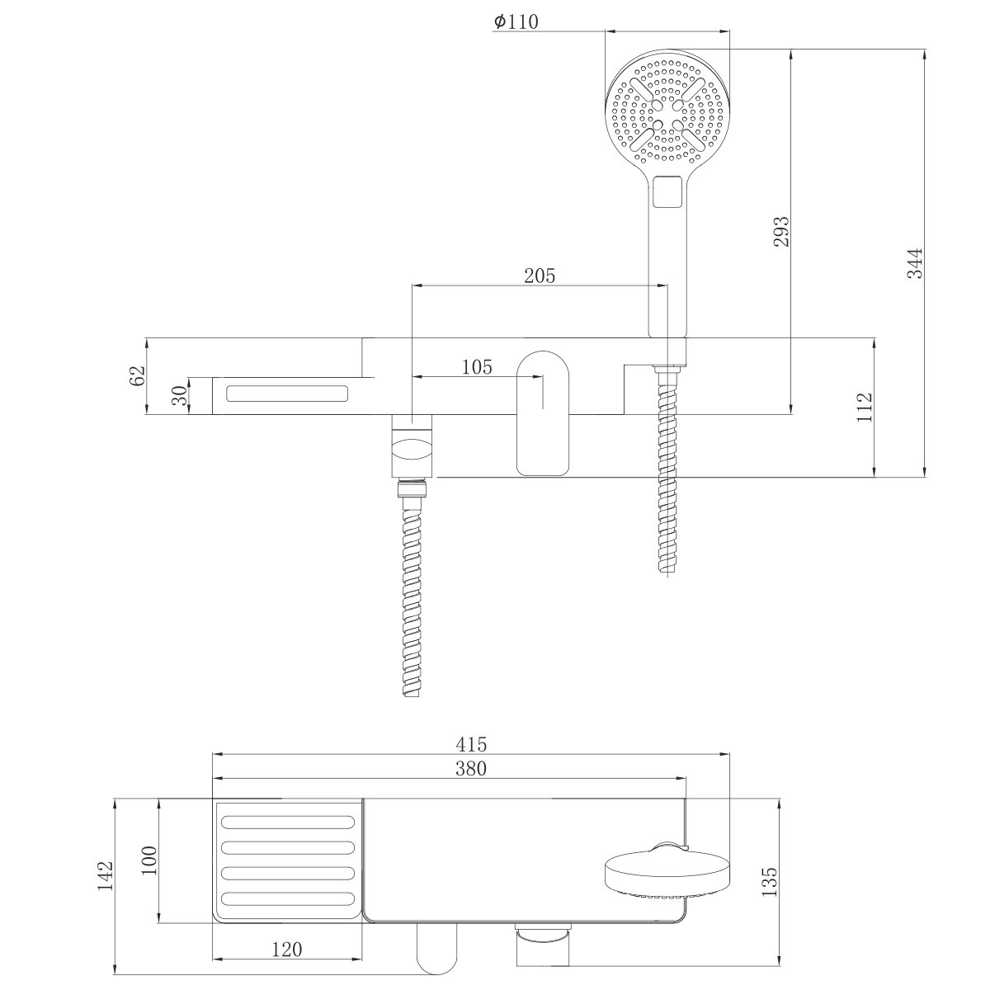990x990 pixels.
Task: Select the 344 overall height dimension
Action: [x=915, y=263]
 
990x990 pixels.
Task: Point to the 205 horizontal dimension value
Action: [x=540, y=276]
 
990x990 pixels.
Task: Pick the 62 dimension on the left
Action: [x=137, y=375]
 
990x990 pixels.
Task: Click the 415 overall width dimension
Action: [x=471, y=743]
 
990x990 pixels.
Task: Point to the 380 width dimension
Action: [x=471, y=768]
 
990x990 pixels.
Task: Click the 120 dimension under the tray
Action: [x=285, y=950]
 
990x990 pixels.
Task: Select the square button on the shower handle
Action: [x=667, y=193]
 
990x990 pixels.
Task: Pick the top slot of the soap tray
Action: [x=288, y=822]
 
